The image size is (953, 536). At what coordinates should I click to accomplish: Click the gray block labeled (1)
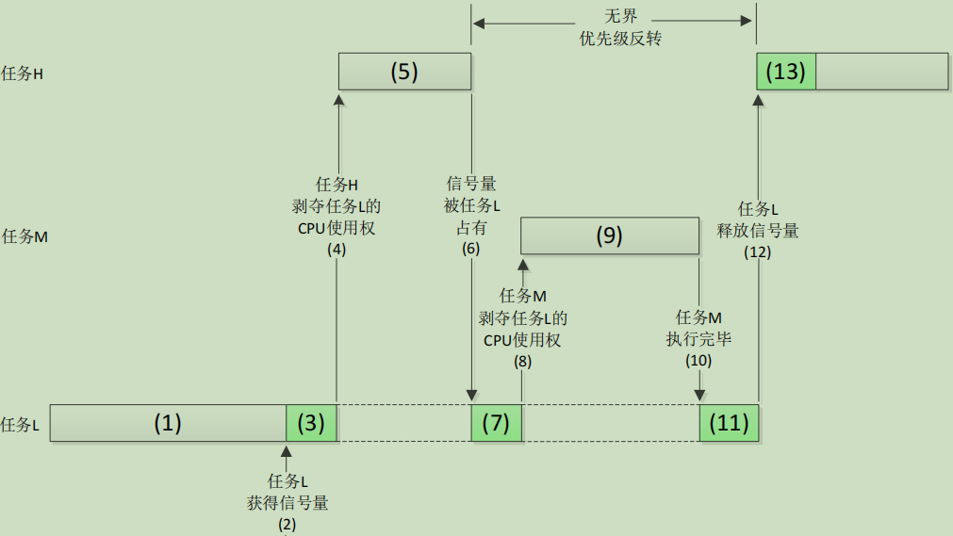click(x=168, y=423)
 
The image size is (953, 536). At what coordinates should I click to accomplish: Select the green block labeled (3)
click(x=311, y=423)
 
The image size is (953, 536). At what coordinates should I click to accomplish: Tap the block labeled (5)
click(x=403, y=72)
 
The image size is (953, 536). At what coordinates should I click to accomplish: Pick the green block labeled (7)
click(x=496, y=423)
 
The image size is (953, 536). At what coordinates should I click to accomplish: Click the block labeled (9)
click(x=609, y=236)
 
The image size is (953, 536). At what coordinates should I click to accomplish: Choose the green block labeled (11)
click(x=729, y=423)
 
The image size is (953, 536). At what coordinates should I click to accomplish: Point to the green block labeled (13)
click(x=786, y=72)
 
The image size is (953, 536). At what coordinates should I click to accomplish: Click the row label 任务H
click(x=23, y=73)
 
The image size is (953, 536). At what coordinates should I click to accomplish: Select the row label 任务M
click(x=25, y=236)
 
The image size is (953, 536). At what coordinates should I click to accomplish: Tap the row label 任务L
click(x=21, y=425)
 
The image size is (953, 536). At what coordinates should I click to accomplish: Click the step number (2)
click(x=287, y=524)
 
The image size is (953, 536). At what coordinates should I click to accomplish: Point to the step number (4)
click(x=337, y=250)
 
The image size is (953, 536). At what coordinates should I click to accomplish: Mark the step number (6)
click(x=470, y=249)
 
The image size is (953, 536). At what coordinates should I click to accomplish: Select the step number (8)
click(x=522, y=361)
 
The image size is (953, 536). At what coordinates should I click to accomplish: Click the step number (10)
click(x=698, y=360)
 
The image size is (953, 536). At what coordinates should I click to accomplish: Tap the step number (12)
click(x=758, y=252)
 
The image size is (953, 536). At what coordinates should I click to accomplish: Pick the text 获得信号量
click(x=288, y=503)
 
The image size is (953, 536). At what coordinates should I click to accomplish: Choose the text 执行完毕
click(x=698, y=339)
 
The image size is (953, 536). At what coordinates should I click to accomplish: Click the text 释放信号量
click(x=759, y=230)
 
